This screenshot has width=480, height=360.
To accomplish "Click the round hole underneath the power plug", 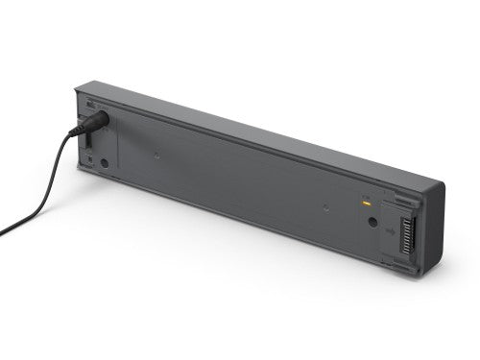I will tap(104, 162).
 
